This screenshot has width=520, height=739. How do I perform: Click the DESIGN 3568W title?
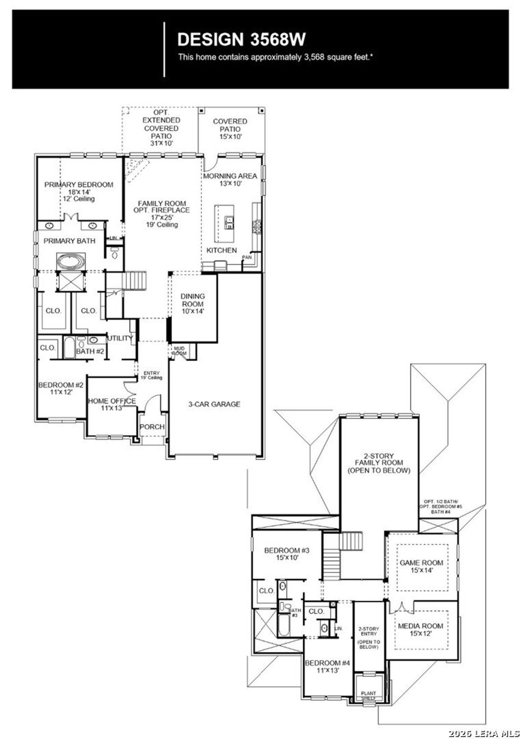tap(241, 39)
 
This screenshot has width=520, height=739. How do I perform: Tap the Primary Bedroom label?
tap(79, 185)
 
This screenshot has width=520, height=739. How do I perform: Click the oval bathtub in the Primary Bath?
tap(71, 261)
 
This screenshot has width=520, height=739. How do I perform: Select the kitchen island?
tap(224, 223)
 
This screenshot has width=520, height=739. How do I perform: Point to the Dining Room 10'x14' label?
tap(193, 303)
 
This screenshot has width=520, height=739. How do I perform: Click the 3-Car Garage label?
tap(214, 404)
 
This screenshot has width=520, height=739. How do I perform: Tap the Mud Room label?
tap(179, 351)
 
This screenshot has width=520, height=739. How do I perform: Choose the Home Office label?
tap(112, 401)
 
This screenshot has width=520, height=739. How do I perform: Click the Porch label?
tap(152, 427)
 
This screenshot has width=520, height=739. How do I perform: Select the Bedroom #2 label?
tap(61, 385)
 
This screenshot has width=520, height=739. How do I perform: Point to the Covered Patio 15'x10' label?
tap(230, 129)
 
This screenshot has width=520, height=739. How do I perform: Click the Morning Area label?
tap(230, 176)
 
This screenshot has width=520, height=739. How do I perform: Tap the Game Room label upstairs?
tap(421, 563)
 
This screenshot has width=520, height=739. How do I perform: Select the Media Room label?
tap(420, 626)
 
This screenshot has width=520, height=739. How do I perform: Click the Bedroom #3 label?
tap(287, 551)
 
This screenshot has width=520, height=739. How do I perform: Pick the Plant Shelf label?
tap(368, 695)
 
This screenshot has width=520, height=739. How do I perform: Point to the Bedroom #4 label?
tap(327, 663)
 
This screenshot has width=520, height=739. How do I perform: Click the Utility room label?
tap(120, 338)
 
